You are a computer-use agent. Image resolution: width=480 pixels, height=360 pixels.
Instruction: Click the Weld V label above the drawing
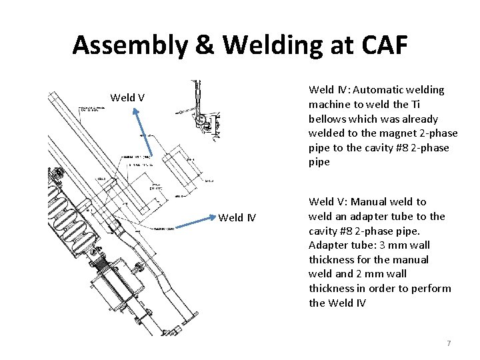coord(127,98)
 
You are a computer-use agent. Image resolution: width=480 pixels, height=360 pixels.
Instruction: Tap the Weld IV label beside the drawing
coord(237,217)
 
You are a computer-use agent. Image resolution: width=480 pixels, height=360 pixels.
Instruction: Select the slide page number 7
coord(449,343)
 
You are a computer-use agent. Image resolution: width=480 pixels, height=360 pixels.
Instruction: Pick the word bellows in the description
coord(327,119)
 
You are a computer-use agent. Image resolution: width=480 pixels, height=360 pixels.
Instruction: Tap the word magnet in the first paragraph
coord(384,133)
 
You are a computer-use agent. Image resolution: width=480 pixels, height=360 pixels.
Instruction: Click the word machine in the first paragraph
coord(329,105)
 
